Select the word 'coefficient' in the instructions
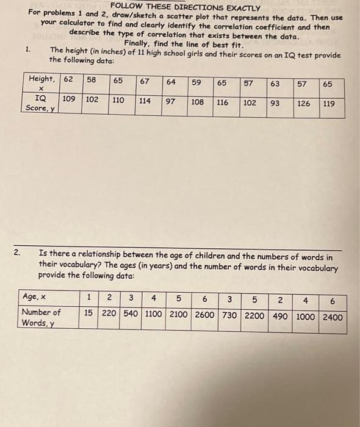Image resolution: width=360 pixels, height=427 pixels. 270,27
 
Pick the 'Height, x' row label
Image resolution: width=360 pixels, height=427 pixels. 42,83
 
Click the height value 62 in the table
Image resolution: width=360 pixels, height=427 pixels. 70,79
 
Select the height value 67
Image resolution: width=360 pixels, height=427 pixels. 145,81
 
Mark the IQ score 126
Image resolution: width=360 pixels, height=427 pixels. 303,103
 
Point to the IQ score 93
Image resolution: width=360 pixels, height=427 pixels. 275,103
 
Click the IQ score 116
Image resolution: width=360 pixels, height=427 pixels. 222,102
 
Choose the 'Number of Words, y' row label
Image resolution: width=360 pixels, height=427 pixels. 41,317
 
